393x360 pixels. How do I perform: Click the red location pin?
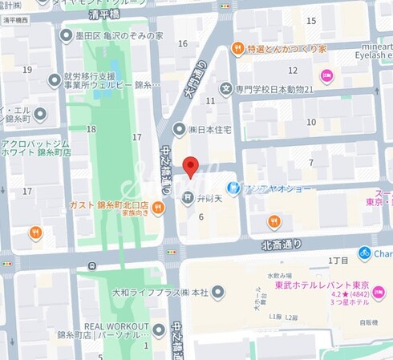coord(190,166)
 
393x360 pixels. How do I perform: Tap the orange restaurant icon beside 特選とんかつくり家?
coord(237,49)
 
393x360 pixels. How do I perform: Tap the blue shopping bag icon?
coord(233,188)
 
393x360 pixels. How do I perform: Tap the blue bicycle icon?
coord(365,253)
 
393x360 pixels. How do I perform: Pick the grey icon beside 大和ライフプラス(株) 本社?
coord(218,290)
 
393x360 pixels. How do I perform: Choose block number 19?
coord(27,69)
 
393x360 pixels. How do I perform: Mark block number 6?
coord(201,216)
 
